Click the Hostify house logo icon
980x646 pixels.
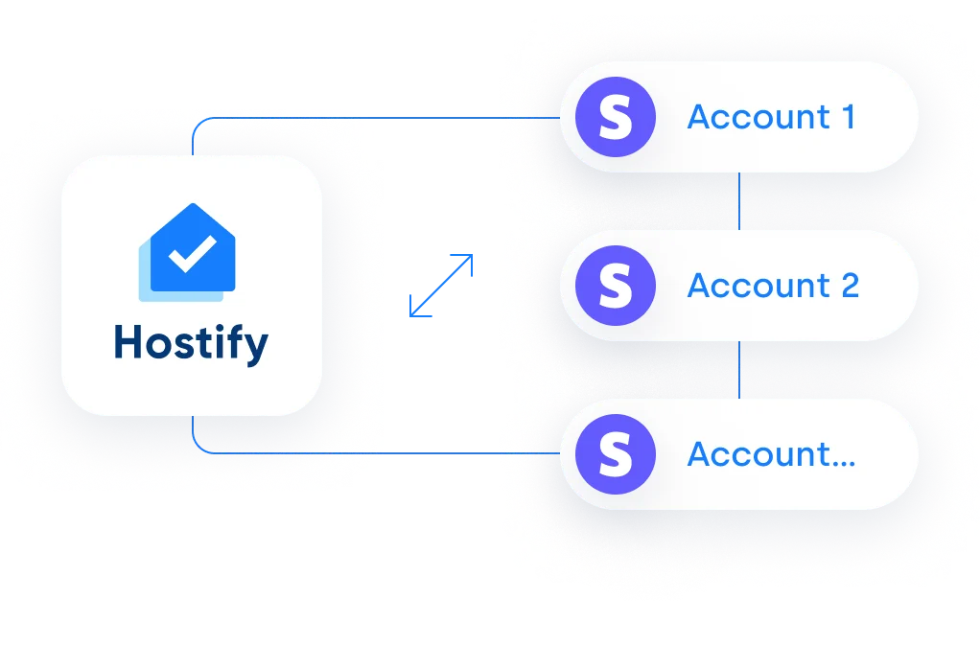tap(187, 252)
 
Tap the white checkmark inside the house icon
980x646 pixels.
tap(192, 254)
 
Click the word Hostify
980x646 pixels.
tap(191, 343)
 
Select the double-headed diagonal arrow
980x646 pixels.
tap(441, 286)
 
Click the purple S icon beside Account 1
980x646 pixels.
tap(616, 117)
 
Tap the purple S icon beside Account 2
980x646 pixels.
tap(616, 286)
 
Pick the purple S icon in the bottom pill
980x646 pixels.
tap(616, 454)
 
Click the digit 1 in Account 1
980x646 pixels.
tap(848, 117)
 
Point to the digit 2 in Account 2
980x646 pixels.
tap(850, 286)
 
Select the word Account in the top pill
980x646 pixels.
tap(758, 117)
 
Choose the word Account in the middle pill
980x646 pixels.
tap(758, 286)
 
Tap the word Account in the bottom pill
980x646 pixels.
tap(758, 454)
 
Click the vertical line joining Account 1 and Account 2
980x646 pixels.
tap(739, 201)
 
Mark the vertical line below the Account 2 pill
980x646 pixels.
tap(739, 370)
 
